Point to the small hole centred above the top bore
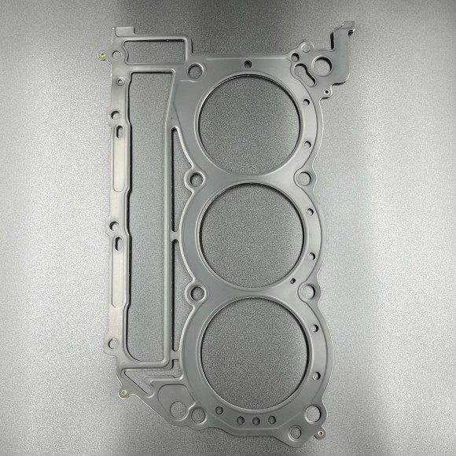click(x=248, y=64)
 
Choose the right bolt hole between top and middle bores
click(x=303, y=178)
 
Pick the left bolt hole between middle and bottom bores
click(x=196, y=292)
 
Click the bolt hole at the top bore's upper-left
click(x=195, y=72)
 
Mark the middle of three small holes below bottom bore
click(x=256, y=421)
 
